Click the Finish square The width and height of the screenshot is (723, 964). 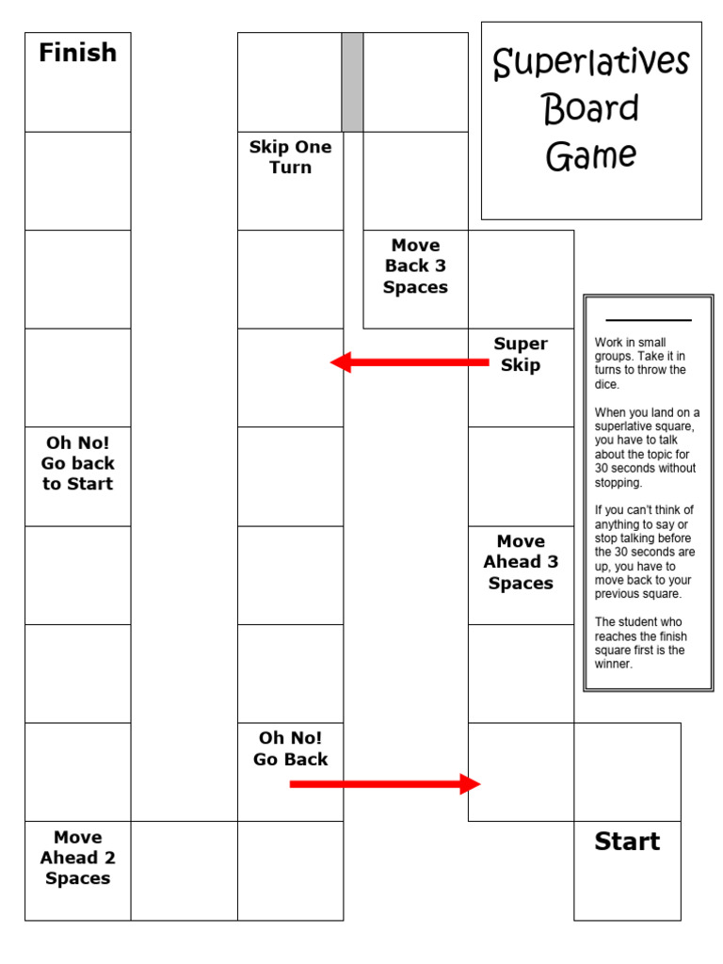click(77, 82)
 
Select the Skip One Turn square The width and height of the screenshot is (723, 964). click(290, 181)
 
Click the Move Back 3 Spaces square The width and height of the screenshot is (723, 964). click(415, 279)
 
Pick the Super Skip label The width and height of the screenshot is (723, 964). click(521, 354)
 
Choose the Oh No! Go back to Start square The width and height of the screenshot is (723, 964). click(77, 475)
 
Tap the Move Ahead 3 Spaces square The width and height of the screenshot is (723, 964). click(521, 574)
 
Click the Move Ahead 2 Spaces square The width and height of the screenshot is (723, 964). click(77, 870)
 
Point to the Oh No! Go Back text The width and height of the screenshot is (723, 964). click(290, 748)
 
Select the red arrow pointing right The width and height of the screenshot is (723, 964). click(385, 783)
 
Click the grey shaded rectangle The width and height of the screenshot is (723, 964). click(352, 82)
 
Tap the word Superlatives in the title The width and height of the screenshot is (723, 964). click(591, 64)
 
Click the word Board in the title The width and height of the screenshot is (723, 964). click(591, 109)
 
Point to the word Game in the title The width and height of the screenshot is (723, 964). click(591, 156)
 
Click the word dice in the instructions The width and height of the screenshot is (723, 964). click(606, 384)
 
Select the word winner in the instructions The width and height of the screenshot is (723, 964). click(614, 664)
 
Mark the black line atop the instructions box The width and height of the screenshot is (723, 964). click(648, 320)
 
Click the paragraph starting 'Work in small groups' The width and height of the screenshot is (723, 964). click(641, 363)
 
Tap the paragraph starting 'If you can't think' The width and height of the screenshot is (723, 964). click(646, 552)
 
